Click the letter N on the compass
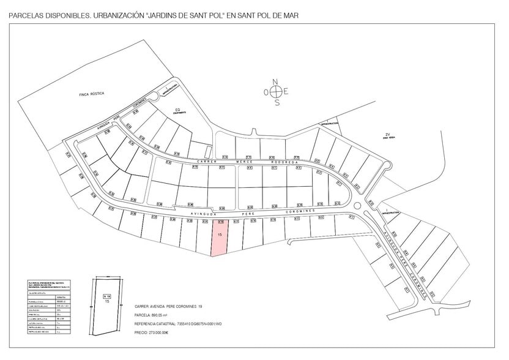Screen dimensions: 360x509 276,81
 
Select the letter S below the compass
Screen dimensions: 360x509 277,102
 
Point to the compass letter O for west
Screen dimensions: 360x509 266,92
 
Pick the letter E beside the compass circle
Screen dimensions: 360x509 286,92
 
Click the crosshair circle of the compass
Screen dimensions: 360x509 277,92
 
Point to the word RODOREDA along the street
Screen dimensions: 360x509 282,162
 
